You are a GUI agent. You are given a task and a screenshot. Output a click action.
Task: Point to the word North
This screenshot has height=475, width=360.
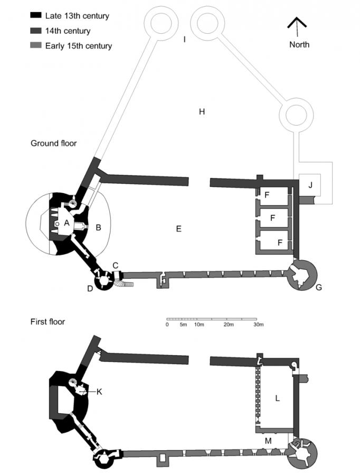(299, 44)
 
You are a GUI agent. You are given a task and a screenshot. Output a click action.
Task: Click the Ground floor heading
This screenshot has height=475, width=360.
(53, 143)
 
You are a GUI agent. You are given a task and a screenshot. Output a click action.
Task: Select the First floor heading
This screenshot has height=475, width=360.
(48, 321)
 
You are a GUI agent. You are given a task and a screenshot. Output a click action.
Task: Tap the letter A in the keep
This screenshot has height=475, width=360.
(67, 223)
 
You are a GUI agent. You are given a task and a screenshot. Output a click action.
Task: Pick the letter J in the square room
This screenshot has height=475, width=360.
(310, 184)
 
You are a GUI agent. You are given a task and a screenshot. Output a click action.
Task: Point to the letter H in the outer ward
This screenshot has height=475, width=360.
(201, 111)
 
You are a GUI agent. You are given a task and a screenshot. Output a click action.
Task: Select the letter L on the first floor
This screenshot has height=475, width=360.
(277, 398)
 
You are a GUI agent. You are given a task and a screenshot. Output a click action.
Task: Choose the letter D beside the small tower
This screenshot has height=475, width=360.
(90, 288)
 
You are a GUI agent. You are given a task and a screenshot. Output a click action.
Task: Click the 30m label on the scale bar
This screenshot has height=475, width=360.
(258, 325)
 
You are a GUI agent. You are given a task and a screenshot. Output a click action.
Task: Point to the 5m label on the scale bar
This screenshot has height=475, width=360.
(183, 325)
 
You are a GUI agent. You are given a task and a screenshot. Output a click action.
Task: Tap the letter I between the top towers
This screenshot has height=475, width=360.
(184, 39)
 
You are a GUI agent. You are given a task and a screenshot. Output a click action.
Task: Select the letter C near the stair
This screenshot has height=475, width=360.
(116, 264)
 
